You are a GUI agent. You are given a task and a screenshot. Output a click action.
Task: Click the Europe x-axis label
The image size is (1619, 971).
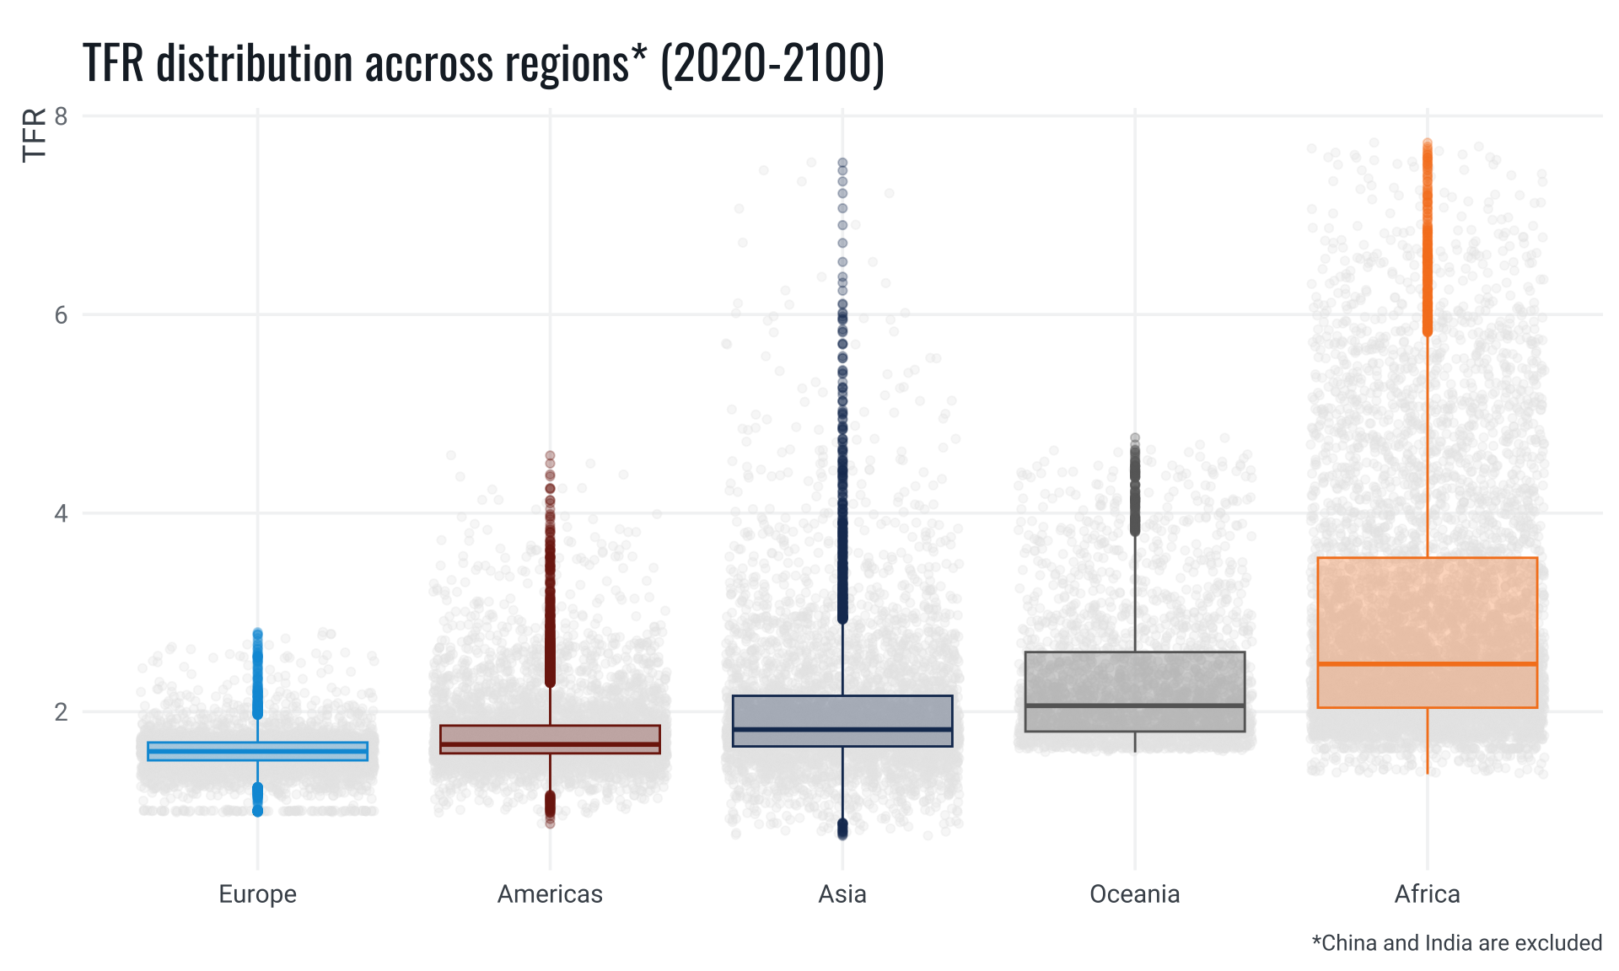click(257, 893)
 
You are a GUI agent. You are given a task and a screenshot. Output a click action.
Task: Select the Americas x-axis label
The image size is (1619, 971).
click(550, 893)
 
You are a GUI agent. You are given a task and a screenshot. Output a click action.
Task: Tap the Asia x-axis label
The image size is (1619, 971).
click(842, 893)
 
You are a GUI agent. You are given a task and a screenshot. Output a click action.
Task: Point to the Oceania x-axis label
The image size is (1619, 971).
click(1134, 893)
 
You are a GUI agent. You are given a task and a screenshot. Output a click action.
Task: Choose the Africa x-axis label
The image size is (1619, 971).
click(1427, 893)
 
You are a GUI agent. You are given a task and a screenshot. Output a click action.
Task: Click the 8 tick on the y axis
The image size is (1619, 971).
click(61, 116)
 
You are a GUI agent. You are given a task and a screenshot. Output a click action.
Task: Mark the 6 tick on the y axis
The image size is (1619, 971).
click(61, 315)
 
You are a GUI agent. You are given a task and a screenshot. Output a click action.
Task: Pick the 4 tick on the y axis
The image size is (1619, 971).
click(61, 513)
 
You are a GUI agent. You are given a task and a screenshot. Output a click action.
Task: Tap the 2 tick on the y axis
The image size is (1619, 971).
click(61, 712)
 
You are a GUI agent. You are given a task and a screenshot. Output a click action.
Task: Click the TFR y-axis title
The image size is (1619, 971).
click(34, 135)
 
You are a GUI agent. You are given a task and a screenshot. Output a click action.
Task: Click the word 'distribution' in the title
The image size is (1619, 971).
click(255, 64)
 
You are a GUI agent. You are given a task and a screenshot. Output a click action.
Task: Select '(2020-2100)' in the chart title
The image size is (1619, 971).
click(772, 64)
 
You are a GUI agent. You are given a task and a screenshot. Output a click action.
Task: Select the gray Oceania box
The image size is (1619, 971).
click(1134, 679)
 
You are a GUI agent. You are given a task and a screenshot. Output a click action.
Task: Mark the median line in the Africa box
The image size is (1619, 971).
click(1427, 664)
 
